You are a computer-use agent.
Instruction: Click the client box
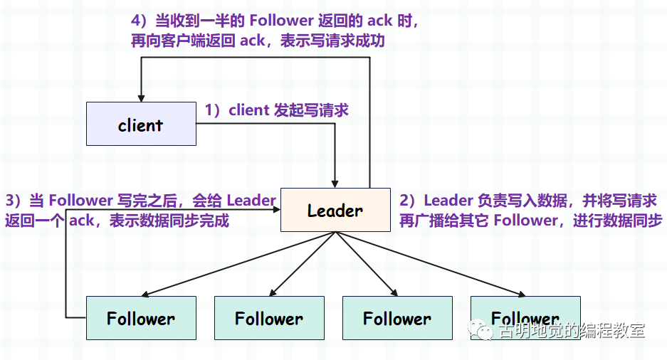point(141,125)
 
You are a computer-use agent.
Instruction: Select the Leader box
point(335,210)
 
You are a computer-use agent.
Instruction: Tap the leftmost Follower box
point(141,318)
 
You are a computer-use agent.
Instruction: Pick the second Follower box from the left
point(269,318)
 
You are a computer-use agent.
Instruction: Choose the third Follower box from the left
point(397,318)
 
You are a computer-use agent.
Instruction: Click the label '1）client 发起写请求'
point(276,110)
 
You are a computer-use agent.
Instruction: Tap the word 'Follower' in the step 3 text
point(80,201)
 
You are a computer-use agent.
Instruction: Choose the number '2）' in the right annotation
point(409,201)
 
